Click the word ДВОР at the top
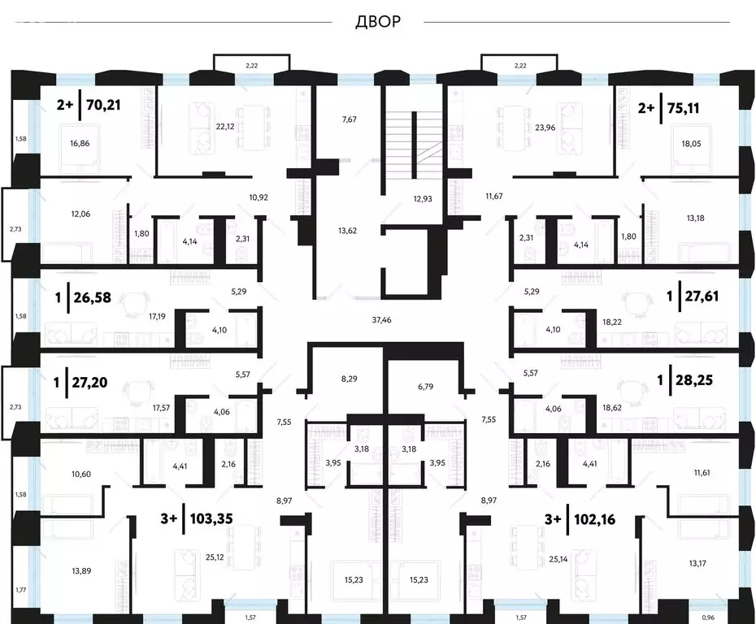(378, 22)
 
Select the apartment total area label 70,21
(103, 104)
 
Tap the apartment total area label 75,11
(683, 108)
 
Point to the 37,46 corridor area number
(381, 319)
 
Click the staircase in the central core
(413, 145)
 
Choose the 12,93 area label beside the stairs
(423, 198)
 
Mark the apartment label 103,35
(211, 518)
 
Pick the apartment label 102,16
(595, 519)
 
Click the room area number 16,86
(80, 143)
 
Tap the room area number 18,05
(692, 144)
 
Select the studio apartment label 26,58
(92, 297)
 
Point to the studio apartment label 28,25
(693, 379)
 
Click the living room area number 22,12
(225, 127)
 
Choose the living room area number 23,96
(545, 128)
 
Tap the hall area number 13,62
(348, 231)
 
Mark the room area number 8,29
(349, 379)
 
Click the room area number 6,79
(426, 387)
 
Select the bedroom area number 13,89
(81, 571)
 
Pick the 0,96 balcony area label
(708, 617)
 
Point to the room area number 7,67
(349, 119)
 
